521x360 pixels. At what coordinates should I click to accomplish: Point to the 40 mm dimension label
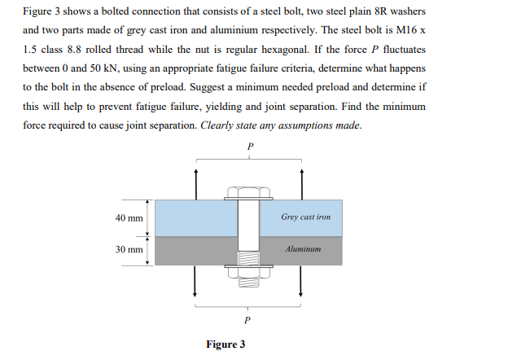point(129,218)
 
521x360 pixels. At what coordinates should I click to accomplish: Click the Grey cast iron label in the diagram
point(305,217)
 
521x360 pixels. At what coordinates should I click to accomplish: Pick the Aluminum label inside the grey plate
point(304,249)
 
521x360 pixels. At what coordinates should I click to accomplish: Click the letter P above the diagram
point(248,147)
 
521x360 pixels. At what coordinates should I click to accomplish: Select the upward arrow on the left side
point(195,183)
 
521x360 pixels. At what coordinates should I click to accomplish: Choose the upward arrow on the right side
point(301,183)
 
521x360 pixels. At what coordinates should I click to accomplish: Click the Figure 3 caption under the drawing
point(227,345)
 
